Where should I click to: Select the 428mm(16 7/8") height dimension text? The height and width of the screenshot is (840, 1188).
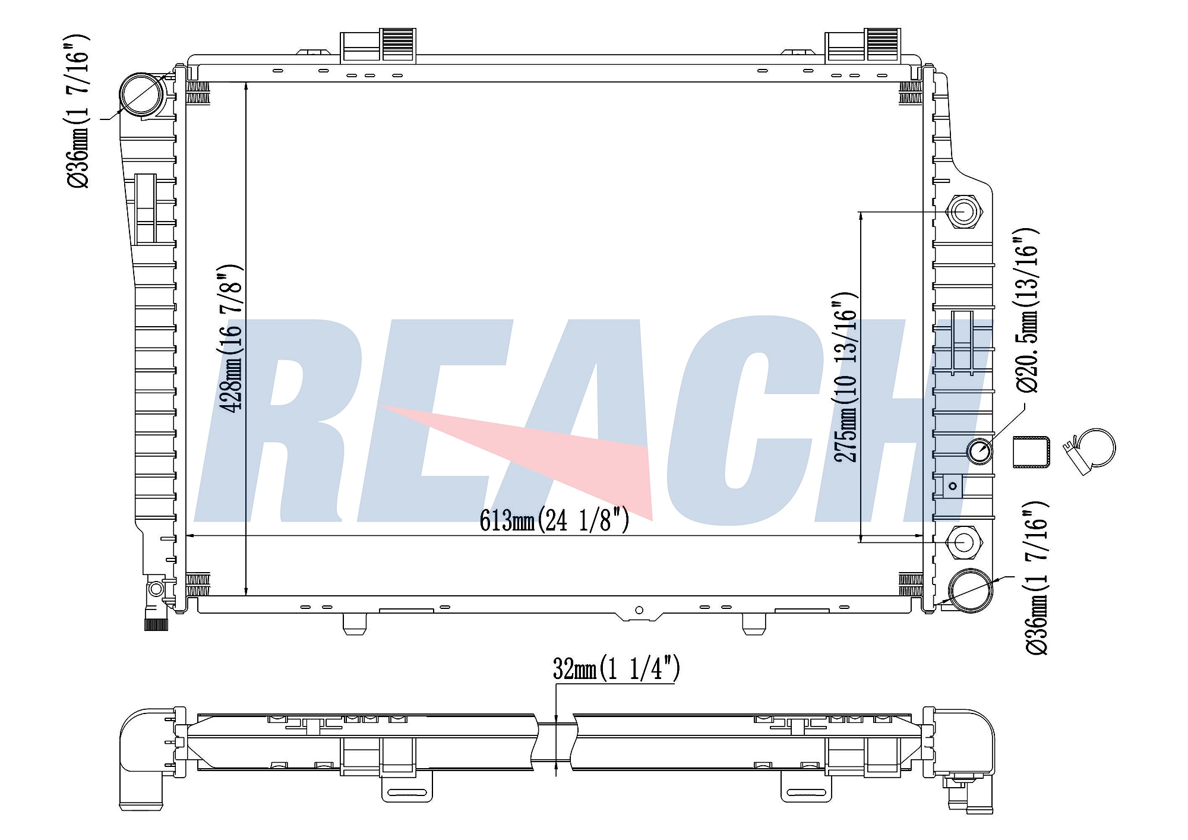coord(231,338)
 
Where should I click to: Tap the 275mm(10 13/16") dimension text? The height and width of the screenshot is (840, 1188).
coord(846,377)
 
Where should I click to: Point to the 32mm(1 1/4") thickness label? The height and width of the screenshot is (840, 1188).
coord(617,668)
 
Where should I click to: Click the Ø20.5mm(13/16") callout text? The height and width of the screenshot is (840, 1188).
coord(1026,310)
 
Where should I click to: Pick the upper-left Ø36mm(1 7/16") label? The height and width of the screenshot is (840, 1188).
coord(77,112)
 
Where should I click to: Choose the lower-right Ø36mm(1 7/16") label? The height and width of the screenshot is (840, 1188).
coord(1037,578)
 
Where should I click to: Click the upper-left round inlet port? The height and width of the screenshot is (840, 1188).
coord(142,94)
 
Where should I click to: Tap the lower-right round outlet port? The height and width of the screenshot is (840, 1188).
coord(971,590)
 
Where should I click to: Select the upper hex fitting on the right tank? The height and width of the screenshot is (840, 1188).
coord(963,211)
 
